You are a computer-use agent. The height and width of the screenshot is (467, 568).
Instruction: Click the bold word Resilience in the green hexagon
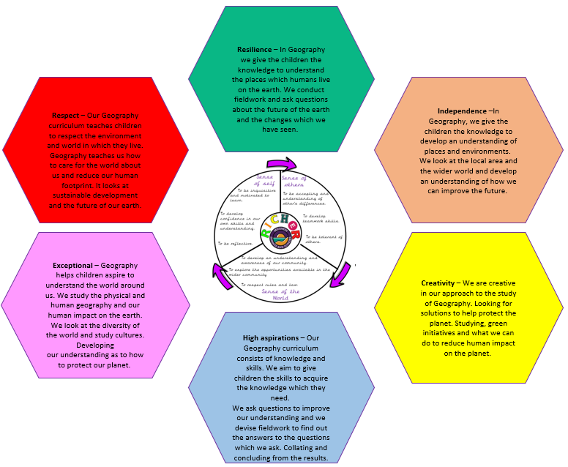pyautogui.click(x=254, y=50)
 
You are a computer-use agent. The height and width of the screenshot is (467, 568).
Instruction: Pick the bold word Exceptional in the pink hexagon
pyautogui.click(x=72, y=265)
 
